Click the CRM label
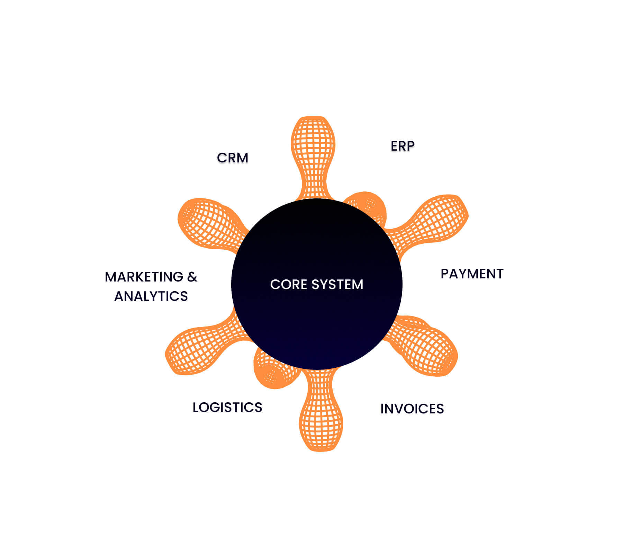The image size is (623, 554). pyautogui.click(x=233, y=158)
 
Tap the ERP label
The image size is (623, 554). pyautogui.click(x=403, y=146)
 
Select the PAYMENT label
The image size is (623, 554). pyautogui.click(x=472, y=274)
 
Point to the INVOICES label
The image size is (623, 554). pyautogui.click(x=412, y=409)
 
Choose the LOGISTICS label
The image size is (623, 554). pyautogui.click(x=227, y=408)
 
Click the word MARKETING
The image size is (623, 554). pyautogui.click(x=144, y=277)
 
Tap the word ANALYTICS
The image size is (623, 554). pyautogui.click(x=151, y=296)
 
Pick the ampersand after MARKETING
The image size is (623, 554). pyautogui.click(x=192, y=277)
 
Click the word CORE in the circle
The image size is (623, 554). pyautogui.click(x=288, y=285)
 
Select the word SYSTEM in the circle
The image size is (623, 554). pyautogui.click(x=337, y=285)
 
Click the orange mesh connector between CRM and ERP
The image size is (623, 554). pyautogui.click(x=313, y=152)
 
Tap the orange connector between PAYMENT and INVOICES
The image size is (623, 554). pyautogui.click(x=426, y=346)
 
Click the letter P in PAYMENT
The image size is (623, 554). pyautogui.click(x=445, y=274)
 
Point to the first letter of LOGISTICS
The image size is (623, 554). pyautogui.click(x=196, y=408)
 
